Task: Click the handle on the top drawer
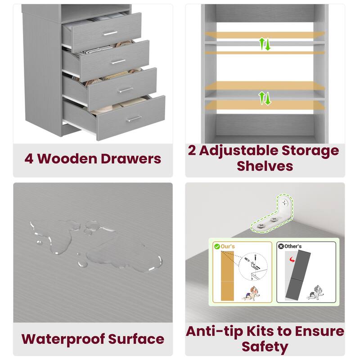(x=110, y=33)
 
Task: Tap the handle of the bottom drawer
(x=134, y=119)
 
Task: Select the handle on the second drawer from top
(x=118, y=61)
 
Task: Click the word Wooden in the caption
(x=75, y=158)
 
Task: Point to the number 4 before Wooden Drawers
(x=29, y=158)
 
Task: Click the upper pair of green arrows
(x=265, y=44)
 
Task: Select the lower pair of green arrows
(x=265, y=98)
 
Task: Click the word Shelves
(x=265, y=166)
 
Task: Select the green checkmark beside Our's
(x=217, y=247)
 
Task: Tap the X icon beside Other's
(x=281, y=247)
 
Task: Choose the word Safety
(x=265, y=346)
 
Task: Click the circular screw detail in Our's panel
(x=252, y=269)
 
